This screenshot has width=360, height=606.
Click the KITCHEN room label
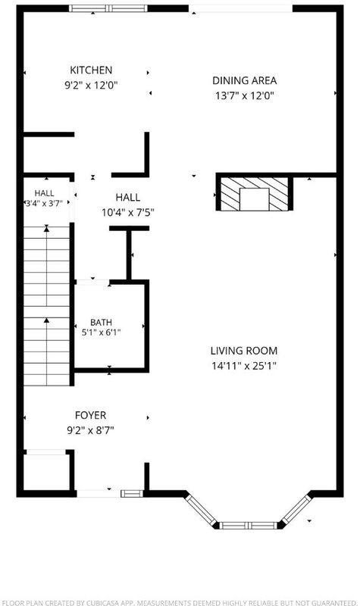(x=91, y=70)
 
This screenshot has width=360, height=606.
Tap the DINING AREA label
(x=244, y=81)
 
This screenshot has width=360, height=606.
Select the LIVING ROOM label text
(x=244, y=351)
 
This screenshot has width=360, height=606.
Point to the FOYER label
(x=90, y=415)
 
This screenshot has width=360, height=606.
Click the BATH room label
(x=102, y=323)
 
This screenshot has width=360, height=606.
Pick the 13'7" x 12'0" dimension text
(x=244, y=95)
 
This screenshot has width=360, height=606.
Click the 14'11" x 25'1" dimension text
(x=244, y=366)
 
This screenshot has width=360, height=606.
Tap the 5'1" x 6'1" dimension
(x=102, y=332)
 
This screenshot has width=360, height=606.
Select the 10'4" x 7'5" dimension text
(x=128, y=212)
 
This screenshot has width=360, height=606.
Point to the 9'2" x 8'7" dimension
(x=90, y=430)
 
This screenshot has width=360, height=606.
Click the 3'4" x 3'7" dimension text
(x=44, y=203)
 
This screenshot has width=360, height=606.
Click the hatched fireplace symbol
(x=254, y=194)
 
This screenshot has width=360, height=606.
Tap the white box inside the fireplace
(x=254, y=199)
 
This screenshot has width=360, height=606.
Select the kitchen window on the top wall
(x=108, y=8)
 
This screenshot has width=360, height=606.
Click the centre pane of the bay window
(x=249, y=525)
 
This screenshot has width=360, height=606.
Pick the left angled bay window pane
(x=200, y=509)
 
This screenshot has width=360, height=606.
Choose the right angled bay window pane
(x=296, y=509)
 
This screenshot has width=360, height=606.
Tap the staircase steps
(x=47, y=306)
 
